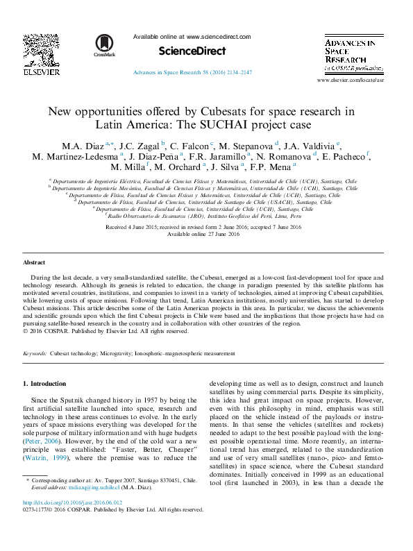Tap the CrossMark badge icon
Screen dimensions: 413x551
tap(105, 44)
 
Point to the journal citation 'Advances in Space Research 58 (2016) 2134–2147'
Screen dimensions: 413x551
tap(192, 72)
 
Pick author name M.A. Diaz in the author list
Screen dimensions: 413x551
tap(83, 146)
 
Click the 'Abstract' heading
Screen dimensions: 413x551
tap(34, 263)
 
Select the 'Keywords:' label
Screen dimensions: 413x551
tap(35, 353)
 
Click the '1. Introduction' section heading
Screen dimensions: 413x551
tap(44, 384)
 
